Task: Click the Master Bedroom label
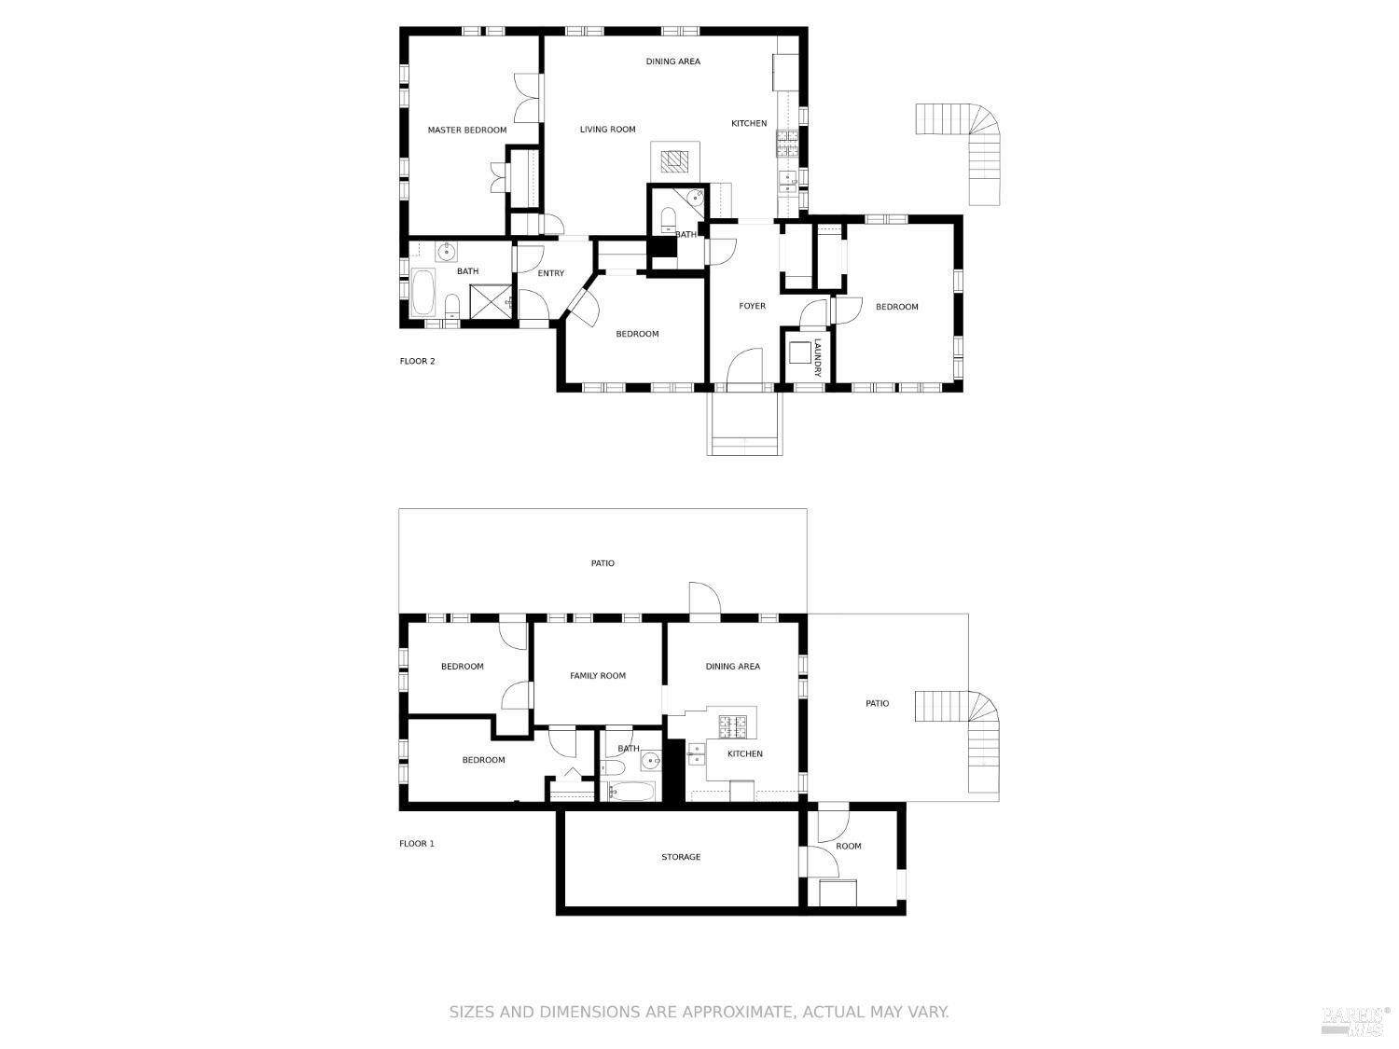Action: tap(466, 130)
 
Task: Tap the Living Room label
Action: tap(607, 130)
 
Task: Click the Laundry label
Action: tap(817, 357)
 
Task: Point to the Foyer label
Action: tap(752, 306)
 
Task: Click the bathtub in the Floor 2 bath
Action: tap(422, 293)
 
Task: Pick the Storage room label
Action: tap(681, 857)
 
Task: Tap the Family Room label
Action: tap(598, 675)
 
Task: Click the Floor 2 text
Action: tap(418, 361)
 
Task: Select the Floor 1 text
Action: tap(417, 843)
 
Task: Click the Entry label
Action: tap(550, 273)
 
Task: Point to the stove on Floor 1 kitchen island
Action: tap(733, 726)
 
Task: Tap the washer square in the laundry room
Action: tap(798, 352)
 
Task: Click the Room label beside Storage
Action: tap(849, 846)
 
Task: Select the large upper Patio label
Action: tap(603, 563)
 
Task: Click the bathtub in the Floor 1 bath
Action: tap(631, 792)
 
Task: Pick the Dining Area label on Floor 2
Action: tap(673, 62)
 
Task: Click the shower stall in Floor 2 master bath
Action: tap(491, 302)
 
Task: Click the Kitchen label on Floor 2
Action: tap(749, 124)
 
